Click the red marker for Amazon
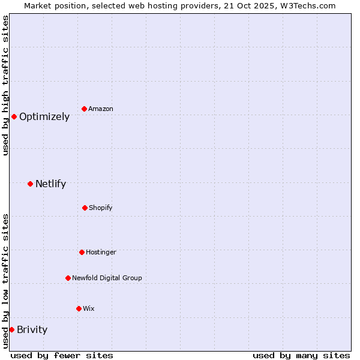pyautogui.click(x=84, y=109)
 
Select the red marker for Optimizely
pyautogui.click(x=14, y=116)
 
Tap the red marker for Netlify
pyautogui.click(x=30, y=184)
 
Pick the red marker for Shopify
pyautogui.click(x=85, y=208)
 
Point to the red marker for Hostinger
pyautogui.click(x=82, y=252)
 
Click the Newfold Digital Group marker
pyautogui.click(x=68, y=278)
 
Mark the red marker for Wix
pyautogui.click(x=79, y=308)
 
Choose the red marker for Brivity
pyautogui.click(x=11, y=329)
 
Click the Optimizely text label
pyautogui.click(x=44, y=117)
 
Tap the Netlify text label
pyautogui.click(x=50, y=184)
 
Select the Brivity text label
pyautogui.click(x=32, y=329)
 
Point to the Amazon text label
pyautogui.click(x=101, y=109)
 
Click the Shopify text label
pyautogui.click(x=101, y=208)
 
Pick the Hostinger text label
pyautogui.click(x=101, y=253)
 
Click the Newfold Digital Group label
pyautogui.click(x=107, y=278)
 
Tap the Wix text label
pyautogui.click(x=89, y=309)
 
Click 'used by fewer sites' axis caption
pyautogui.click(x=62, y=355)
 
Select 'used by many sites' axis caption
pyautogui.click(x=301, y=355)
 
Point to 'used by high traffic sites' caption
pyautogui.click(x=5, y=85)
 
